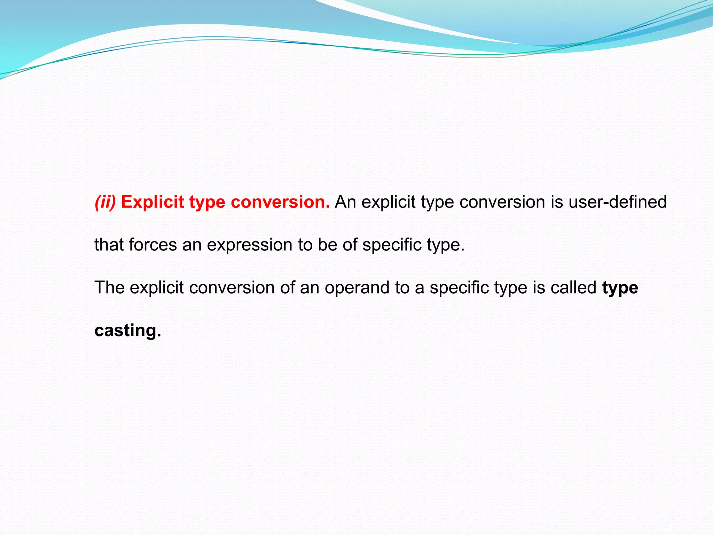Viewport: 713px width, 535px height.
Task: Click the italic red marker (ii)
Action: pos(105,202)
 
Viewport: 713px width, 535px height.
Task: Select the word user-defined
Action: pos(617,202)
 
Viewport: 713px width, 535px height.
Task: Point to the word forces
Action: pos(153,245)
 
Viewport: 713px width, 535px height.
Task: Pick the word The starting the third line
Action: pos(109,288)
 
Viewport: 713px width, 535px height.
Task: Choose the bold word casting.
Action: pos(128,331)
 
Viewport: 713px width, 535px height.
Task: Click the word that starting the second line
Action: pos(109,245)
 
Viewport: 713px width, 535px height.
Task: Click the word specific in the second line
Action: pos(392,245)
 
